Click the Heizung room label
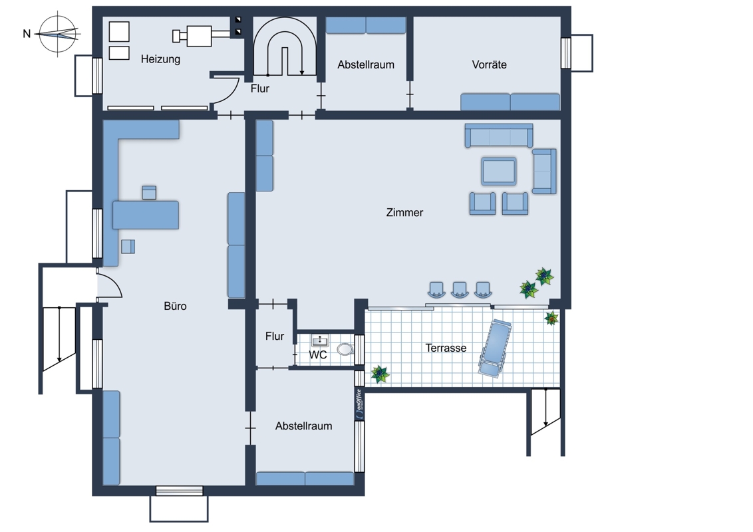pos(160,60)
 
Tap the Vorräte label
pos(489,65)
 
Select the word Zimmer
pos(404,212)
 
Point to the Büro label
pos(175,306)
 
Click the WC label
pos(317,355)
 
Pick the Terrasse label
pos(446,348)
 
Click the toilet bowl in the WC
pos(345,349)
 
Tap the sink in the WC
pos(320,340)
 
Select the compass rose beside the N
pos(58,34)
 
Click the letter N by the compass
pos(27,34)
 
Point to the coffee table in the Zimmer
pos(499,171)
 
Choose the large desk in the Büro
pos(146,215)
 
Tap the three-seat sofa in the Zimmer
pos(498,136)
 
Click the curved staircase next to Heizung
pos(285,47)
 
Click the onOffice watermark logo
pos(359,403)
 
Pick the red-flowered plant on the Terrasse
pos(552,318)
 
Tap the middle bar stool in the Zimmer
pos(460,290)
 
